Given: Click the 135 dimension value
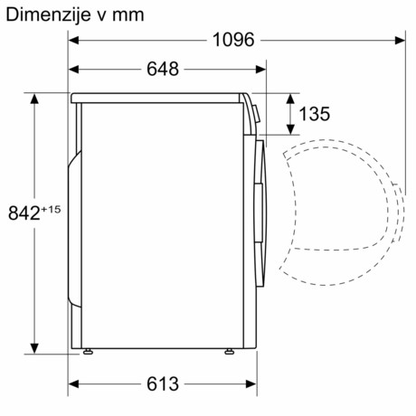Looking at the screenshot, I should coord(313,114).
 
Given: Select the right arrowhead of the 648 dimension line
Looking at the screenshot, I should coord(263,69).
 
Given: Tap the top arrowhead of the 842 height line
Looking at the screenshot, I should coord(35,99).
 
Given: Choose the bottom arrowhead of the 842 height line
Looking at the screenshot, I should coord(35,347).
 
